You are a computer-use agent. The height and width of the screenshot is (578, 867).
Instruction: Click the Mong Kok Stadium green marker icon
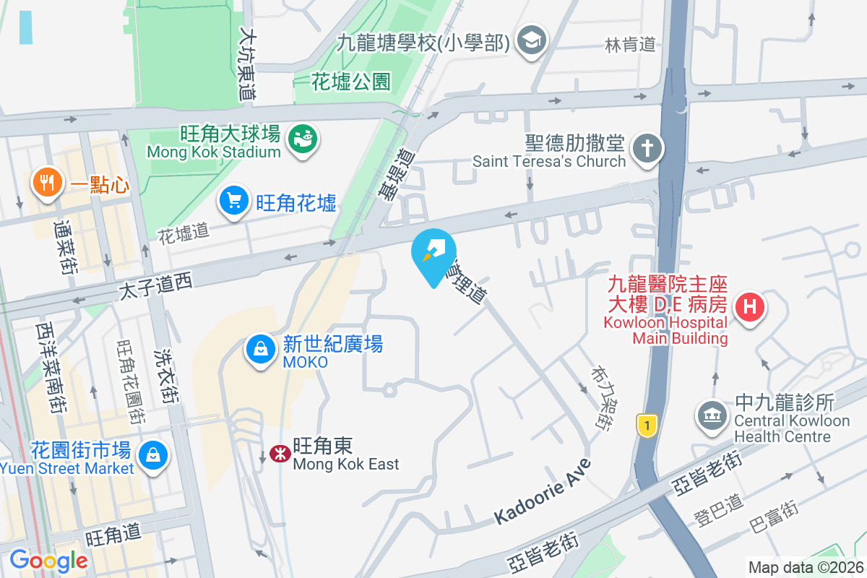(x=302, y=137)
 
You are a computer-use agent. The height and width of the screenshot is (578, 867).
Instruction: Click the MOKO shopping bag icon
(x=259, y=350)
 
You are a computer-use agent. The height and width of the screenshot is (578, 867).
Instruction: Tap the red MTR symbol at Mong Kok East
(x=277, y=453)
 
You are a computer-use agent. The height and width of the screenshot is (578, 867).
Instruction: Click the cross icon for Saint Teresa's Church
(x=647, y=150)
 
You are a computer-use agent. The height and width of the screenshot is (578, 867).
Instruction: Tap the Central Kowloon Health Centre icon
(x=712, y=415)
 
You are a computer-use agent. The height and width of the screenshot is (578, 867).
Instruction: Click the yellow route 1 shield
(x=647, y=426)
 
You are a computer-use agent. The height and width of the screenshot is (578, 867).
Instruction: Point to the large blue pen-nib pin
(x=433, y=254)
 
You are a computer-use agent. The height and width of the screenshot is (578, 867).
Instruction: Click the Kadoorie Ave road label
(x=543, y=491)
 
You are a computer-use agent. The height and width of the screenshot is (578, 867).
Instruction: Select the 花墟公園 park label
(x=350, y=82)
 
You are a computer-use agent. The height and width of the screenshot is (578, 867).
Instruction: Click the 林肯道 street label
(x=630, y=45)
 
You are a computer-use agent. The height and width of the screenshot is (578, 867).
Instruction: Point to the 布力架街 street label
(x=597, y=397)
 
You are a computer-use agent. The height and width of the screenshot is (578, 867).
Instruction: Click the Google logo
(x=48, y=560)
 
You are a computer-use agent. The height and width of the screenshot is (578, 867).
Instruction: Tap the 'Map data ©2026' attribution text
(x=805, y=567)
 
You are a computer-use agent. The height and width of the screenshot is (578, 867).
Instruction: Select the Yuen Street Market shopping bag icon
(x=154, y=455)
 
